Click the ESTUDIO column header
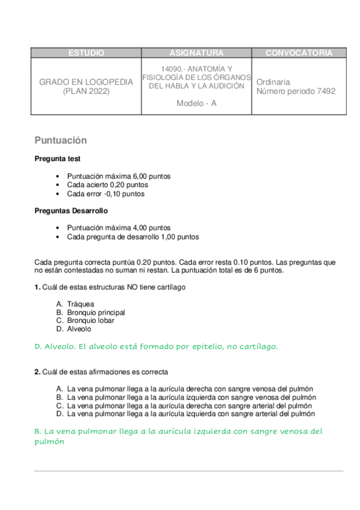click(x=86, y=53)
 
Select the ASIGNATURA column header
click(x=197, y=53)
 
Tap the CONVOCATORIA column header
click(x=299, y=53)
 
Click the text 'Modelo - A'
click(x=197, y=103)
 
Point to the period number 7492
click(x=325, y=91)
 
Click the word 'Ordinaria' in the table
click(x=273, y=82)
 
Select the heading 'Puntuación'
click(x=61, y=141)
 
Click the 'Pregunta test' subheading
click(x=58, y=159)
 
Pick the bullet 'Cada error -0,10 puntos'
click(x=106, y=194)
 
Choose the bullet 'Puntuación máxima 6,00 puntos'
click(x=119, y=176)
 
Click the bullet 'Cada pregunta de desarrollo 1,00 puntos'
click(x=133, y=237)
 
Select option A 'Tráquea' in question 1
click(x=81, y=304)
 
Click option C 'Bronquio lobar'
click(x=91, y=321)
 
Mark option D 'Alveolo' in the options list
click(x=79, y=329)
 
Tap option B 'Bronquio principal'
click(x=96, y=313)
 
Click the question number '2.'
click(x=37, y=372)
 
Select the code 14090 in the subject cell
click(x=172, y=69)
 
